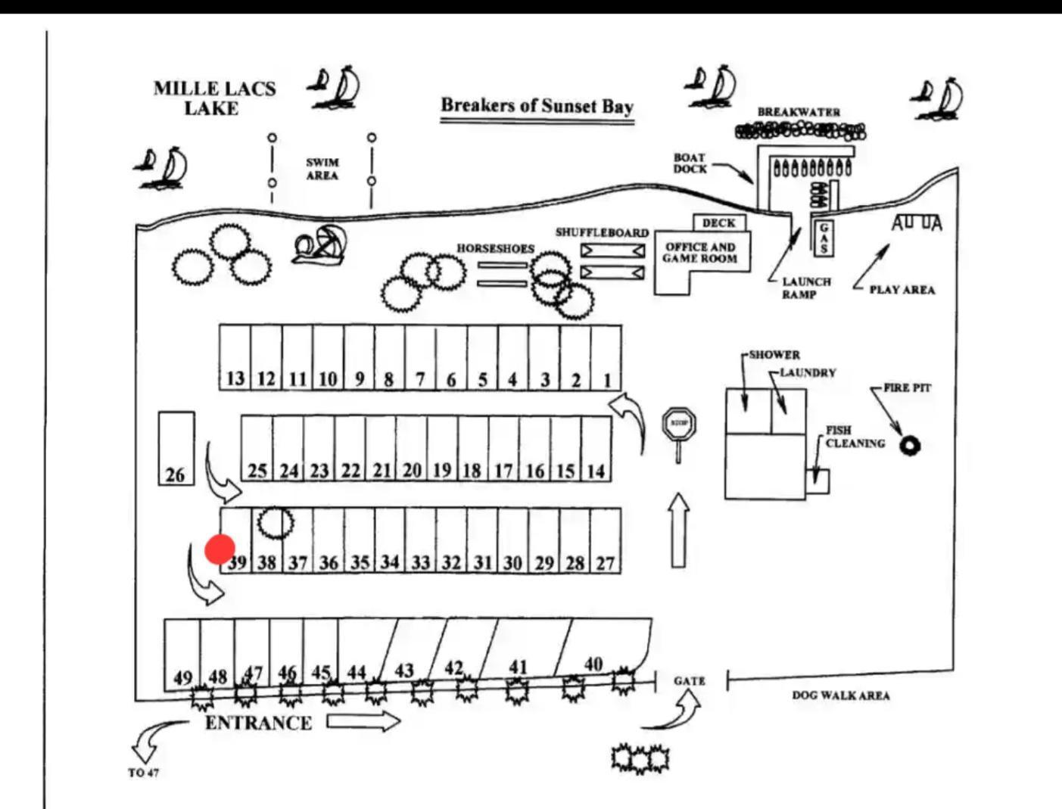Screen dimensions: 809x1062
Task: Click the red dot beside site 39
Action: pos(220,549)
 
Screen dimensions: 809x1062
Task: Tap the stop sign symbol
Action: pos(679,424)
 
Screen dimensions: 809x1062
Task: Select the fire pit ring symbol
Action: pos(910,446)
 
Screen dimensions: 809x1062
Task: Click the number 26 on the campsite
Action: pos(175,475)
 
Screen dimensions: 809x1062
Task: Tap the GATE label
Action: pos(689,681)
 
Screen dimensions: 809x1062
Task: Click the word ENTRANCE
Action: pos(258,723)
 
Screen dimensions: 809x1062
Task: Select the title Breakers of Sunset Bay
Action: pos(537,105)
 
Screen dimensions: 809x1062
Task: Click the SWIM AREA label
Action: pos(322,169)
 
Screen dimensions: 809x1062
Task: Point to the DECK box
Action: pos(718,223)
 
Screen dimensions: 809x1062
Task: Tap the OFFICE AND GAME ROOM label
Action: pos(700,253)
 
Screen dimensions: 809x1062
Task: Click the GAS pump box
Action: pos(824,238)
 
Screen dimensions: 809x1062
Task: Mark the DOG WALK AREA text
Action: pos(840,695)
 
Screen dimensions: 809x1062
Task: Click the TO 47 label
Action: pos(143,773)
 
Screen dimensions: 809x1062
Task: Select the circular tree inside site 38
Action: pos(275,522)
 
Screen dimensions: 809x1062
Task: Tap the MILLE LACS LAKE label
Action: pos(214,98)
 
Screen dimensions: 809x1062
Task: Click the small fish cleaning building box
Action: pos(818,481)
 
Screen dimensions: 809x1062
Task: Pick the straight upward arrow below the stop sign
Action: pos(679,531)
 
